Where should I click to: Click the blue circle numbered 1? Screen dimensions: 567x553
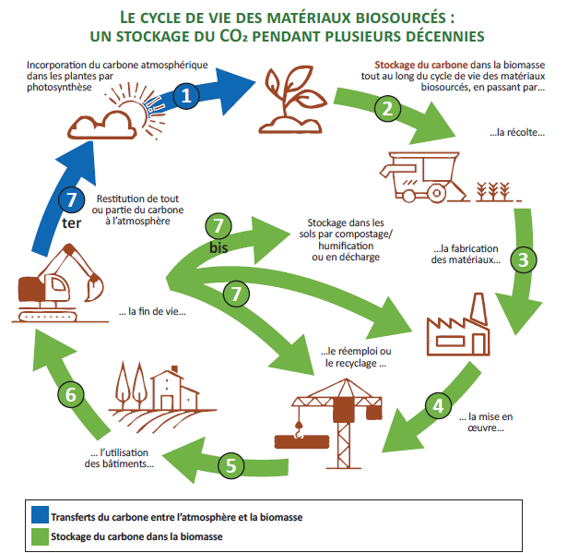pyautogui.click(x=186, y=96)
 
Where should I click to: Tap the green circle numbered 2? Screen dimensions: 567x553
pyautogui.click(x=387, y=109)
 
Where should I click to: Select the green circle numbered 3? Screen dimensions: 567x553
pyautogui.click(x=524, y=259)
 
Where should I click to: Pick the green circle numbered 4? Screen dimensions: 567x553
pyautogui.click(x=438, y=405)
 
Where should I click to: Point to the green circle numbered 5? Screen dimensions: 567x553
pyautogui.click(x=231, y=465)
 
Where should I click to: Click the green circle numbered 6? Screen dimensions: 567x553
pyautogui.click(x=71, y=394)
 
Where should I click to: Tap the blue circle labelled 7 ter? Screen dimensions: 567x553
pyautogui.click(x=71, y=199)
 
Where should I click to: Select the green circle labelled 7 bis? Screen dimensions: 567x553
pyautogui.click(x=219, y=225)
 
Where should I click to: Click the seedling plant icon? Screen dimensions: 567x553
pyautogui.click(x=290, y=100)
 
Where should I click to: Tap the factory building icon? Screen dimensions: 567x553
pyautogui.click(x=458, y=324)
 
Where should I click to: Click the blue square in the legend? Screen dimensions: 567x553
pyautogui.click(x=40, y=514)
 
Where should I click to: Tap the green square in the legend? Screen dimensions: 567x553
pyautogui.click(x=40, y=536)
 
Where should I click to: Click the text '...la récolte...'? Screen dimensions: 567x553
pyautogui.click(x=517, y=133)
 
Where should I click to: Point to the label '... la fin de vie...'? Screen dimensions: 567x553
pyautogui.click(x=152, y=311)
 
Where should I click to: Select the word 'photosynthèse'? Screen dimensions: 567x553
pyautogui.click(x=59, y=88)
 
